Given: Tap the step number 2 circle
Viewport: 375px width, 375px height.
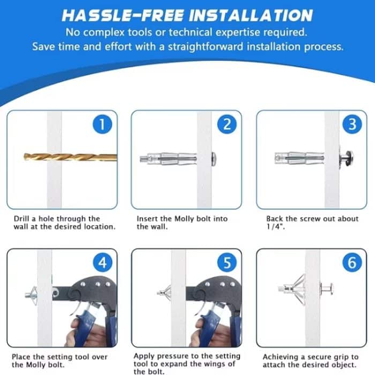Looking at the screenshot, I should [x=227, y=125].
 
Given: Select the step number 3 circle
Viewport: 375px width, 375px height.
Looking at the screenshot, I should [x=352, y=125].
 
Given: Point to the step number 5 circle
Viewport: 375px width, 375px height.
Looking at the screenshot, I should [x=227, y=262].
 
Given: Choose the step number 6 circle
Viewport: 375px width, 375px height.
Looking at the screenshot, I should [x=352, y=262].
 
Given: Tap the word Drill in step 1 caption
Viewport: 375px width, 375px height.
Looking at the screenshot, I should [x=22, y=219].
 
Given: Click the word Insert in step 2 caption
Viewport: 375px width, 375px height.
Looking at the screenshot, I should [x=147, y=219].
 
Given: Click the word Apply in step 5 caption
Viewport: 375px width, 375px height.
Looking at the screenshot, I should [x=144, y=355].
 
